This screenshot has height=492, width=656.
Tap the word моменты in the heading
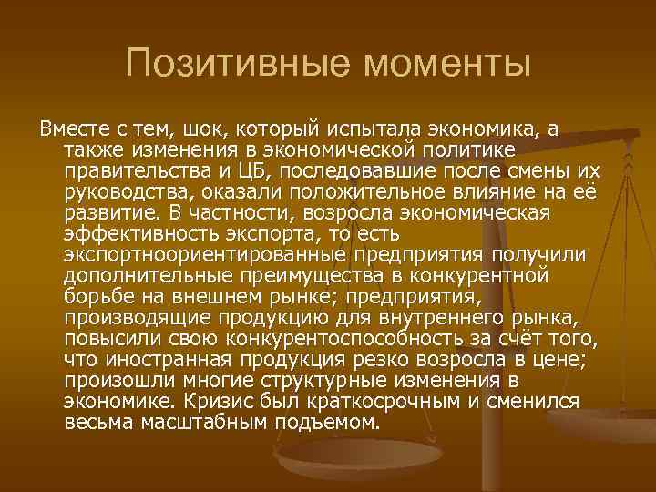(x=446, y=63)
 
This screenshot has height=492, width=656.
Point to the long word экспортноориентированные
(x=206, y=253)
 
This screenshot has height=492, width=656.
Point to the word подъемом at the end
(x=323, y=423)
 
